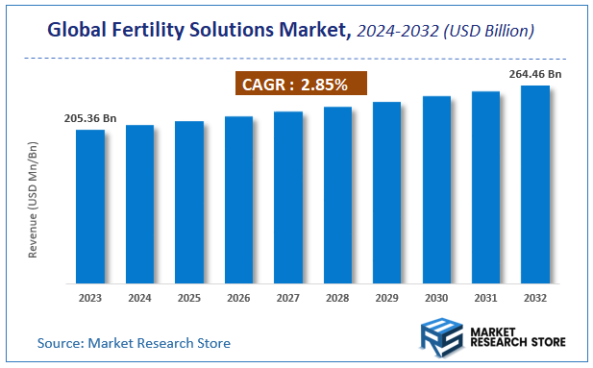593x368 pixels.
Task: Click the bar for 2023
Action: click(x=90, y=207)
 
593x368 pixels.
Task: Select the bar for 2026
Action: click(x=238, y=200)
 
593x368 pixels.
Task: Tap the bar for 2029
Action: click(x=386, y=192)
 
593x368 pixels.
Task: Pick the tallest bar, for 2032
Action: click(x=534, y=184)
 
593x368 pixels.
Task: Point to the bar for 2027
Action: click(x=288, y=197)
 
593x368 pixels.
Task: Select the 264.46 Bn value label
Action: click(x=535, y=73)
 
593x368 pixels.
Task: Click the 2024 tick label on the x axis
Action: click(x=139, y=298)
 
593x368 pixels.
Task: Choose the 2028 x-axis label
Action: click(x=337, y=298)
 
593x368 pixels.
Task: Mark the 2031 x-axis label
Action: click(x=485, y=298)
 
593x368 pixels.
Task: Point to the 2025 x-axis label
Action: click(x=189, y=298)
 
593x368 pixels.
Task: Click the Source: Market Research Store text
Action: click(x=134, y=342)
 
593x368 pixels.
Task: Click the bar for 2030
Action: click(x=436, y=189)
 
